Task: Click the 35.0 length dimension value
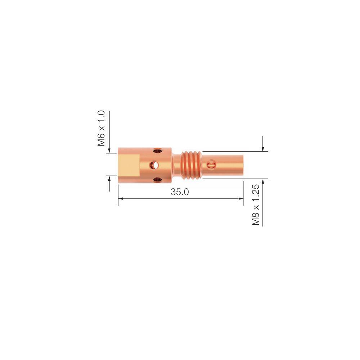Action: pos(180,192)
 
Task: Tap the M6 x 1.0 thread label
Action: pos(101,129)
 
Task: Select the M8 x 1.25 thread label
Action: pos(256,205)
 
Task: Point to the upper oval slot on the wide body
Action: pos(158,151)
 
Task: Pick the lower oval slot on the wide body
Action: pos(158,179)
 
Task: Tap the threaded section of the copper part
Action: pos(191,165)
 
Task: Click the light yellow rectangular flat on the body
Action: pos(129,165)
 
